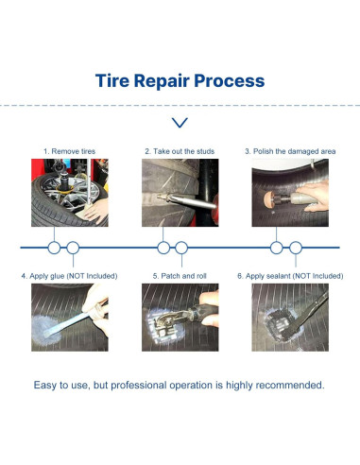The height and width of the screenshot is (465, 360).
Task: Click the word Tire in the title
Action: coord(112,80)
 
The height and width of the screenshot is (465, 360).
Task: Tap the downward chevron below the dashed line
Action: coord(180,123)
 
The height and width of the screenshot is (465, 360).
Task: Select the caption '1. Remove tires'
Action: coord(69,151)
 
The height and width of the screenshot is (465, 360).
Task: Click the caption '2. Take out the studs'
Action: coord(180,151)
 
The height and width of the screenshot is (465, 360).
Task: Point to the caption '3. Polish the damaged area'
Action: coord(290,151)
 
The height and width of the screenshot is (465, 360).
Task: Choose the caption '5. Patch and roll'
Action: coord(180,276)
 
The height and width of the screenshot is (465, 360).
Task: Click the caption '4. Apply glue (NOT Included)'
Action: coord(69,276)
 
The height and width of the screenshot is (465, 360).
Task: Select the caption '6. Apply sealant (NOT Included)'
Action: coord(290,276)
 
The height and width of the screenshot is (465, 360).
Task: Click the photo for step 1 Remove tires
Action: coord(70,193)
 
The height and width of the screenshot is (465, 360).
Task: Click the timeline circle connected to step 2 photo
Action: coord(163,248)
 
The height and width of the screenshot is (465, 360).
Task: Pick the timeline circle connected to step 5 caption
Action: coord(181,248)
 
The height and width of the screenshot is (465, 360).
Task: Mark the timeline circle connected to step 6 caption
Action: coord(296,248)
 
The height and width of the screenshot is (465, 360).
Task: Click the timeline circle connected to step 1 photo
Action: coord(54,248)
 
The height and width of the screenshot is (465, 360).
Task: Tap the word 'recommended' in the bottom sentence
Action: coord(290,385)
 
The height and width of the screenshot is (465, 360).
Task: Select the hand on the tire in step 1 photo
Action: coord(96,210)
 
